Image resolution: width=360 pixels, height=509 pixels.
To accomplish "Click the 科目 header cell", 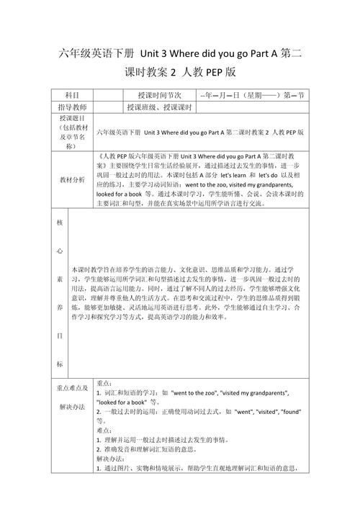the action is (x=71, y=95).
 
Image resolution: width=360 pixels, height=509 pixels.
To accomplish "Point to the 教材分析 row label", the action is (x=71, y=179).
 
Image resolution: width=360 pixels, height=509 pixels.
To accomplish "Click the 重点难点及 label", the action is (x=71, y=388).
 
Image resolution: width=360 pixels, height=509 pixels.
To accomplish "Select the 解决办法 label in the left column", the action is (x=71, y=407).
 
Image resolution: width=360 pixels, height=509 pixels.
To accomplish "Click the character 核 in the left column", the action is (x=60, y=222).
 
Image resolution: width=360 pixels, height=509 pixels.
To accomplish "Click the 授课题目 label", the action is (x=71, y=118).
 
